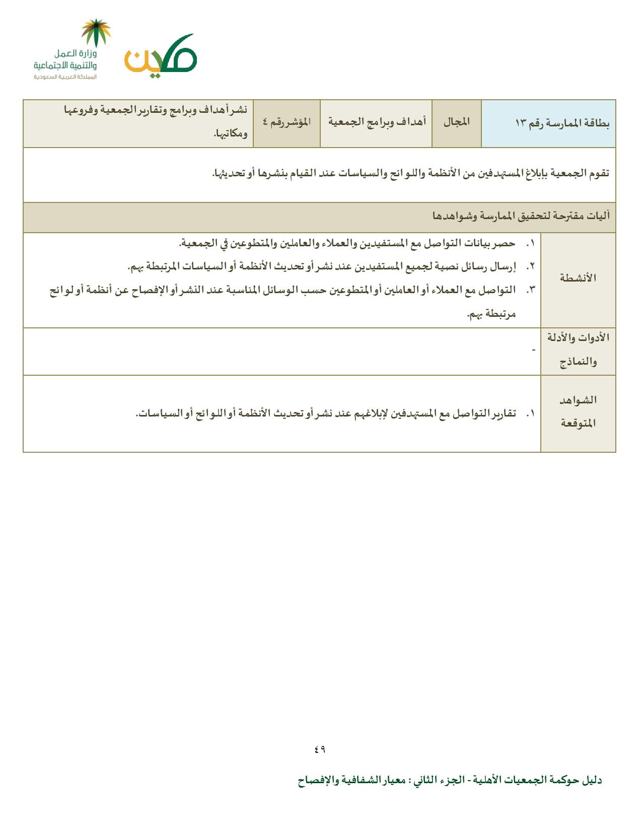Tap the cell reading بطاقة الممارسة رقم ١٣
click(x=562, y=123)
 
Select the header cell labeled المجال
click(x=457, y=122)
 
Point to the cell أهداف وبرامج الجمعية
click(x=377, y=122)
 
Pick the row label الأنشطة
click(x=578, y=278)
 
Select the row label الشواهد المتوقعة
click(x=578, y=411)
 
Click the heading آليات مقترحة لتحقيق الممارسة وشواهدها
click(x=521, y=217)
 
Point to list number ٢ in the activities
click(x=530, y=266)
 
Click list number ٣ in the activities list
click(x=530, y=290)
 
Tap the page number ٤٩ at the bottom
click(x=320, y=749)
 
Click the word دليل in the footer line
click(x=592, y=781)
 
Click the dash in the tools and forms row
click(x=534, y=350)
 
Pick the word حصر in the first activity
click(x=506, y=243)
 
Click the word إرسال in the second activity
click(x=505, y=266)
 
